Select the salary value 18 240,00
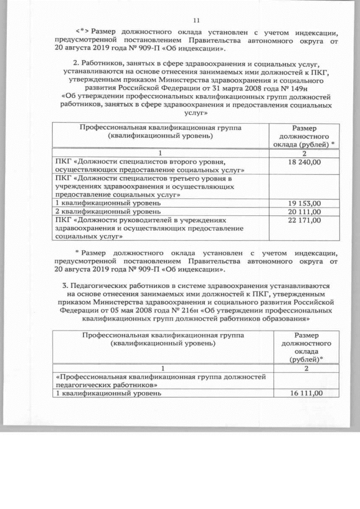303,162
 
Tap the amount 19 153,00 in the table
303,202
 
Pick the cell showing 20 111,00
303,211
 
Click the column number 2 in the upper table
303,152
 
